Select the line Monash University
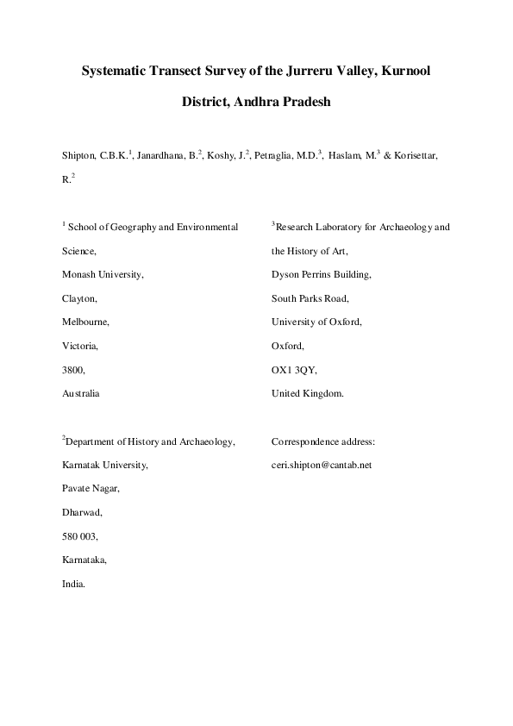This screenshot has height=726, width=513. (x=103, y=275)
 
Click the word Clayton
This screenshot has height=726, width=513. (x=79, y=298)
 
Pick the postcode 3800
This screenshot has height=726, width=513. (x=73, y=369)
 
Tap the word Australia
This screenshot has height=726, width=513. (x=81, y=393)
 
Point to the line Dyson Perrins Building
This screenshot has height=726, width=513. (x=321, y=275)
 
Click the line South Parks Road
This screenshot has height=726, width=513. (x=310, y=298)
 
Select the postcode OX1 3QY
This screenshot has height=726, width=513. (x=294, y=369)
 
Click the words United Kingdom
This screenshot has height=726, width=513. (x=308, y=393)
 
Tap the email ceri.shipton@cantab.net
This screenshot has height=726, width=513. (x=321, y=465)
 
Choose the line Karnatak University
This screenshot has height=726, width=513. (x=104, y=465)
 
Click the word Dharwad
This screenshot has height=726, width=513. (x=82, y=512)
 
